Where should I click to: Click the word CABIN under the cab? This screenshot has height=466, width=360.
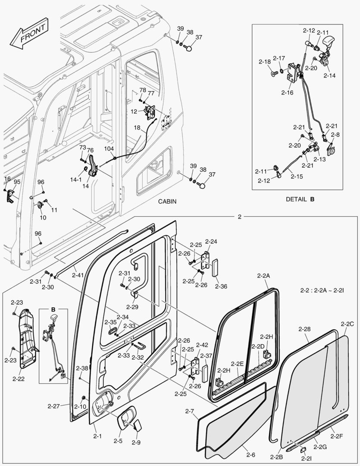(x=167, y=202)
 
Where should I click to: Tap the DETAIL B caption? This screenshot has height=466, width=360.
(x=300, y=199)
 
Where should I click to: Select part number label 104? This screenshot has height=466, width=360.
(x=109, y=148)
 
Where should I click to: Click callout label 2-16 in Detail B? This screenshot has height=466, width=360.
(x=287, y=92)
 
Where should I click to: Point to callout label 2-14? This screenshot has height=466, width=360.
(x=329, y=75)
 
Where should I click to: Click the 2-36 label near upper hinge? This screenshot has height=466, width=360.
(x=220, y=286)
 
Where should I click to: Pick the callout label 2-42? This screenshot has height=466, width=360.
(x=202, y=345)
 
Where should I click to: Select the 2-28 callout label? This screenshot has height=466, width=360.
(x=304, y=329)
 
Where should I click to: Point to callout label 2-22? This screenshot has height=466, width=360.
(x=19, y=379)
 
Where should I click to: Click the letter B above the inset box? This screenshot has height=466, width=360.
(x=53, y=309)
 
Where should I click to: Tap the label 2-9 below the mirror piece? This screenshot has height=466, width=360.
(x=136, y=442)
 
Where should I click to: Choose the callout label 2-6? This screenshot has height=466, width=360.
(x=250, y=454)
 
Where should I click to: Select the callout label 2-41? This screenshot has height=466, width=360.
(x=78, y=275)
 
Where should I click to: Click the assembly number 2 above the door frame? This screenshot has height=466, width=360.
(x=240, y=217)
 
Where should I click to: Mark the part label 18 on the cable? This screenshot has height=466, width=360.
(x=137, y=128)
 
